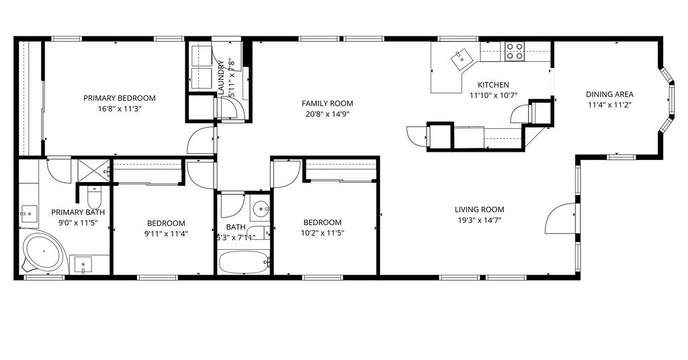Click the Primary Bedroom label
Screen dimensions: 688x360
(120, 98)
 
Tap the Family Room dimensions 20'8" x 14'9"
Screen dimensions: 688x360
(327, 114)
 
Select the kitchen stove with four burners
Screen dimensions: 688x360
(514, 51)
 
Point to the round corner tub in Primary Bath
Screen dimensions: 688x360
(43, 251)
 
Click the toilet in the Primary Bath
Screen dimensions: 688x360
(94, 197)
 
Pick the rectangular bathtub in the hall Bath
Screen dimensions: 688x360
(243, 262)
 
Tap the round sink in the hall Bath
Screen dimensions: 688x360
(261, 207)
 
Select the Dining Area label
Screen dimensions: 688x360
(609, 94)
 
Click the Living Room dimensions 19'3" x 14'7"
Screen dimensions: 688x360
(479, 220)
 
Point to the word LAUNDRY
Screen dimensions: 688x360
(220, 78)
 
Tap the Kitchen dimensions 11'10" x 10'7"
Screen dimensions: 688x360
(493, 95)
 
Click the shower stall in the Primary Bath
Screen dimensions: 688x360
(93, 170)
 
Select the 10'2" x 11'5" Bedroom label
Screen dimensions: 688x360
(322, 222)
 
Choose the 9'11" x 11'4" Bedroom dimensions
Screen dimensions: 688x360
(166, 234)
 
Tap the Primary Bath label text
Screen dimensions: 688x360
(78, 212)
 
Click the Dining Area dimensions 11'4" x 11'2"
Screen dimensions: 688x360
(609, 105)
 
